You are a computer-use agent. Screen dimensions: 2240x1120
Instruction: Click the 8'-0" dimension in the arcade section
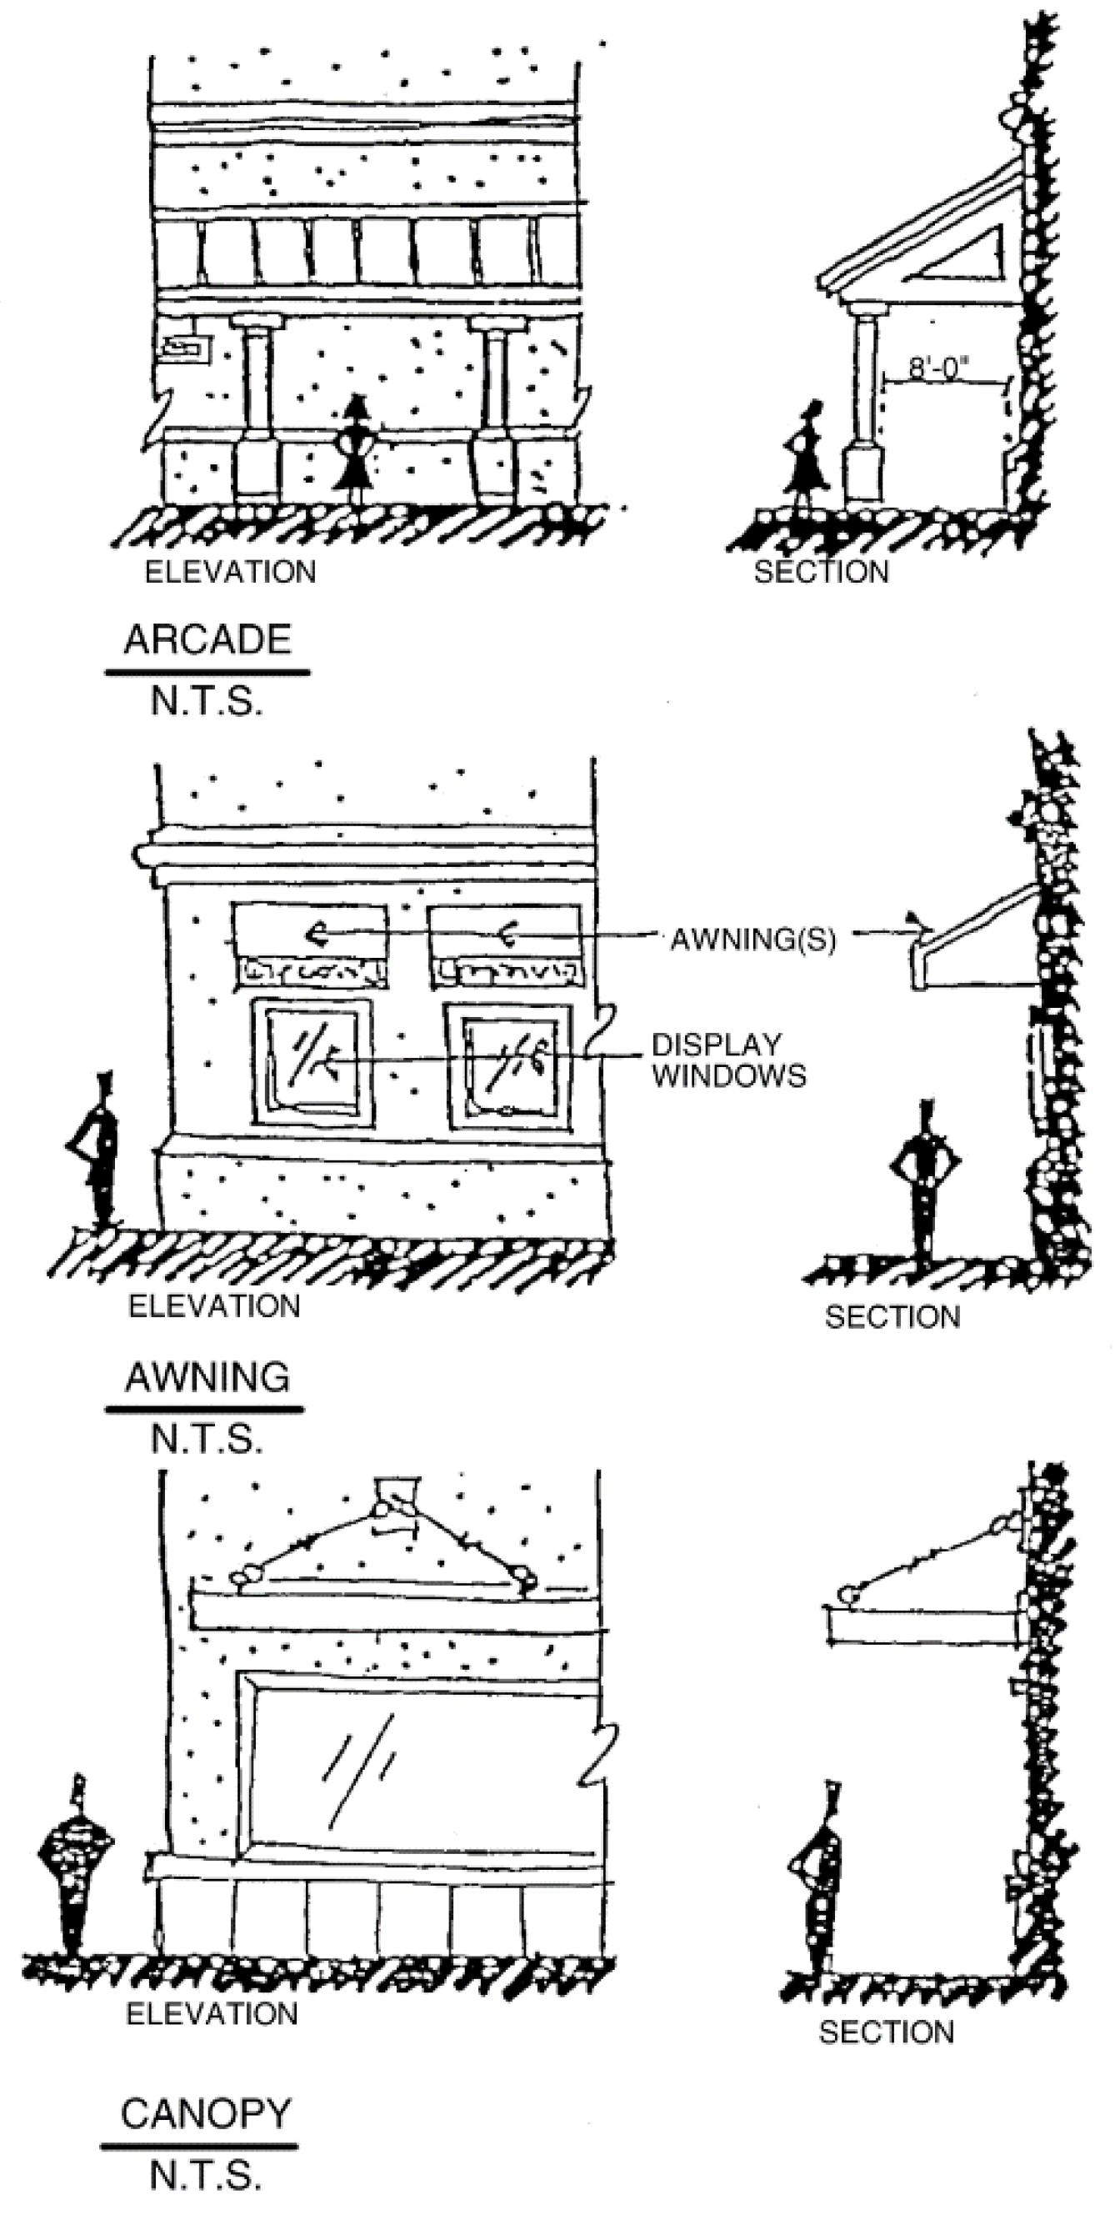click(x=938, y=368)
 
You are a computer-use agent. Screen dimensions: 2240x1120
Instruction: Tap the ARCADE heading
click(x=207, y=640)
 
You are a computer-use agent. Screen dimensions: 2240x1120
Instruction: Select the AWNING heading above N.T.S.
click(x=207, y=1378)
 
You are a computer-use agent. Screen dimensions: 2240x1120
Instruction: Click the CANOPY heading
click(x=205, y=2115)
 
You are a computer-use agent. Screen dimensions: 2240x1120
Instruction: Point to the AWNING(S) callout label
click(x=752, y=940)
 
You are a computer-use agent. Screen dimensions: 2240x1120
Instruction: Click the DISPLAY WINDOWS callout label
click(x=728, y=1060)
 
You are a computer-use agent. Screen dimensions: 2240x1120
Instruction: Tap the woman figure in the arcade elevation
click(x=355, y=450)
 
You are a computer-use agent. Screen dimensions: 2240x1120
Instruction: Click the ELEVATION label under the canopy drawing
click(x=212, y=2014)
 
